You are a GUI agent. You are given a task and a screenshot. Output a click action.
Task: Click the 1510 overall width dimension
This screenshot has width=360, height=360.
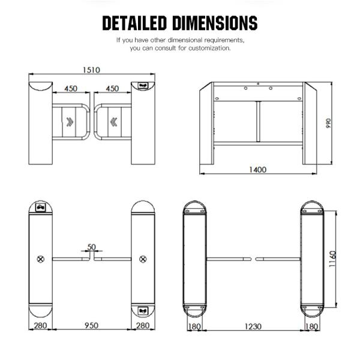[91, 70]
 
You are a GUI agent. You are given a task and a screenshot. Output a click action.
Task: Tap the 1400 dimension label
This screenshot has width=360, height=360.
[258, 170]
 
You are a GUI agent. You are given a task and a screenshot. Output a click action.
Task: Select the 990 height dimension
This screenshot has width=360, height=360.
[329, 123]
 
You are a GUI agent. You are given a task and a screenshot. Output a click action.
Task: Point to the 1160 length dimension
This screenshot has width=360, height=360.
[332, 259]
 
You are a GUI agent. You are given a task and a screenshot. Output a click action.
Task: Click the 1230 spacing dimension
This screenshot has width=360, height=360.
[253, 326]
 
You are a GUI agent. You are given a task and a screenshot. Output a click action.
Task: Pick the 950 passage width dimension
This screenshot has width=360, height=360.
[91, 325]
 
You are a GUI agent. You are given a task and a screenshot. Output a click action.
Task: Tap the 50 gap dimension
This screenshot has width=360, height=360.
[91, 247]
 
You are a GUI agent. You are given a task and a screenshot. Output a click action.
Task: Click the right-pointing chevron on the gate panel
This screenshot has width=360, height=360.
[70, 122]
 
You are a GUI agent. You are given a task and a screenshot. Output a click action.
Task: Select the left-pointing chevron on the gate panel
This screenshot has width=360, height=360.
[113, 122]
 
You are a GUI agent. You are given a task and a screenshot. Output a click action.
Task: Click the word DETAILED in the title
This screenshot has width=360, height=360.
[134, 23]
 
